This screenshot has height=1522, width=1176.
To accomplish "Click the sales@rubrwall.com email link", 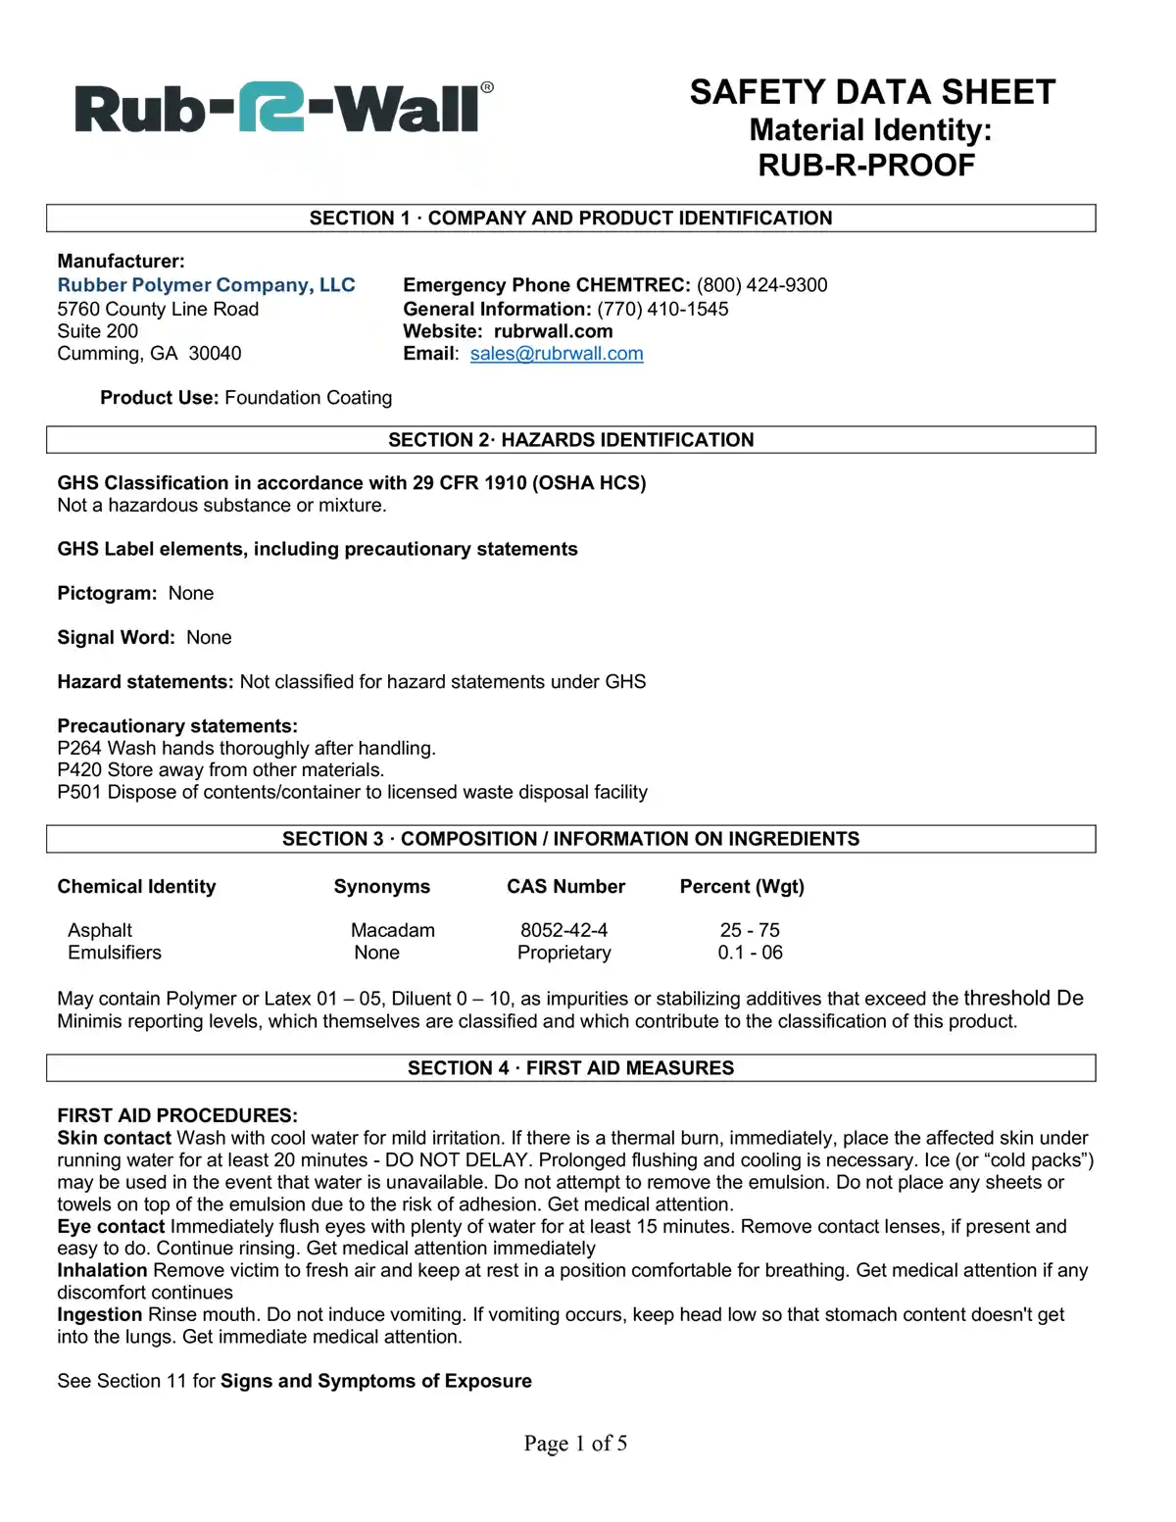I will click(557, 354).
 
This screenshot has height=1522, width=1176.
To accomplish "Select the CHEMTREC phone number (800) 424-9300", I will click(761, 285).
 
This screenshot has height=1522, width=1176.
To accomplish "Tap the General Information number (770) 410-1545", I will click(662, 309).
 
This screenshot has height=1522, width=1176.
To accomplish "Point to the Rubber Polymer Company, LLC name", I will click(206, 285).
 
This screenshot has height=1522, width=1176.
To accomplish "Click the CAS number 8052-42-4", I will click(563, 930).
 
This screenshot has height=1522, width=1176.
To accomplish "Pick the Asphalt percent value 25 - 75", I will click(750, 930).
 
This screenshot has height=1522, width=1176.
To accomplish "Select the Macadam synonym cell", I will click(393, 930).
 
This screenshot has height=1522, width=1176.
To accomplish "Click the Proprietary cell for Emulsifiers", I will click(563, 953).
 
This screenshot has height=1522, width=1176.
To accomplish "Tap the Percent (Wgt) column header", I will click(742, 887).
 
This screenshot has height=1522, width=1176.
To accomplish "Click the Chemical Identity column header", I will click(136, 887).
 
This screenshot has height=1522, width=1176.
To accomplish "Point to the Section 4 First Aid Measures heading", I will click(570, 1068).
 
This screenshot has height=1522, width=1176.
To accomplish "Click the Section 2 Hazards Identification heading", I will click(570, 440).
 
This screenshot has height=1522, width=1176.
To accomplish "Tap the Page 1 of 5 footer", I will click(575, 1443).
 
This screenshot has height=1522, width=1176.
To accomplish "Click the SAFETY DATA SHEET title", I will click(872, 92).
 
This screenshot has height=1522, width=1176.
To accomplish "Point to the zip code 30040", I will click(215, 354).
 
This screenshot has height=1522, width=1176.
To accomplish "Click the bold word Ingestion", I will click(100, 1315).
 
